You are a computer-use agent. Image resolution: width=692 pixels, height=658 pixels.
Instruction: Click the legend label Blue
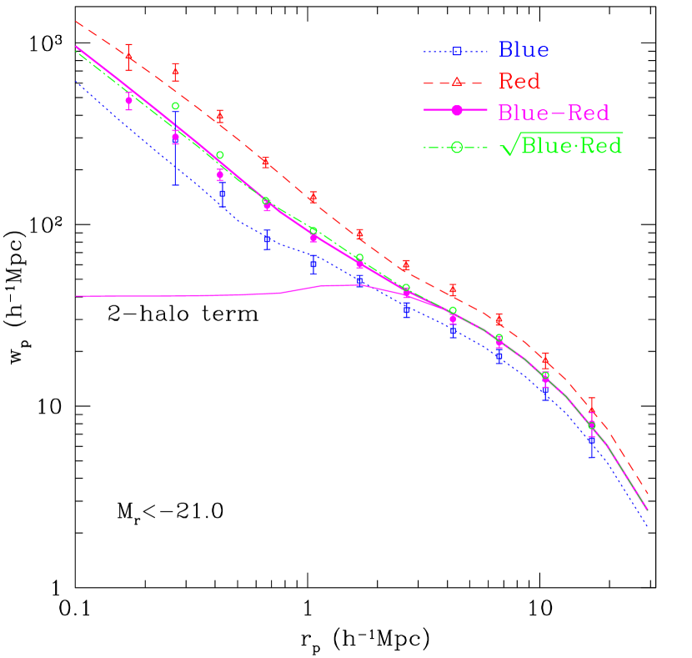coord(524,50)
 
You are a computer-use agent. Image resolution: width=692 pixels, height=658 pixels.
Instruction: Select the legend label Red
coord(519,82)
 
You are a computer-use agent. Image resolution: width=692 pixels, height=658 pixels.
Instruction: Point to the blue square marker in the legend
coord(457,52)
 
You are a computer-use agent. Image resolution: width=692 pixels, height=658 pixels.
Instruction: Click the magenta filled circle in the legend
coord(457,112)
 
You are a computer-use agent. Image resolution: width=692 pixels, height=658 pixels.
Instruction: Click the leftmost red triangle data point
coord(128,57)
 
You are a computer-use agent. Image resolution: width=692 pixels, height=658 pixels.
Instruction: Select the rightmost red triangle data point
coord(592,409)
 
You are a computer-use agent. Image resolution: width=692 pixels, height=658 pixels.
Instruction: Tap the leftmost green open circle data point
coord(175,106)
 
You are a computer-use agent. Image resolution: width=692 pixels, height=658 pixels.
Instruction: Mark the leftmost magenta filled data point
coord(128,100)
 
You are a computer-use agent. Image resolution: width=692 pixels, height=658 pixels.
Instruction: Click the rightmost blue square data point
coord(592,440)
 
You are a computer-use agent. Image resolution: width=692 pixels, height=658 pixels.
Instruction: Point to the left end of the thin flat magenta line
coord(76,296)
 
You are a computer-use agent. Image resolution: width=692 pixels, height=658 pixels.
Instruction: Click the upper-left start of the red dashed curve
coord(76,22)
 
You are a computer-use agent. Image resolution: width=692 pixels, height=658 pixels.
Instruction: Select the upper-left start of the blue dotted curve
coord(76,82)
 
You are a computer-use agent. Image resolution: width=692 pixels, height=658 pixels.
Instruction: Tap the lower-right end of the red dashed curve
coord(648,495)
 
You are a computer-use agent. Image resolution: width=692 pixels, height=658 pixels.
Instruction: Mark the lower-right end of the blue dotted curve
coord(648,527)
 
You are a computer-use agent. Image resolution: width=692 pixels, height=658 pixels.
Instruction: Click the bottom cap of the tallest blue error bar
coord(175,184)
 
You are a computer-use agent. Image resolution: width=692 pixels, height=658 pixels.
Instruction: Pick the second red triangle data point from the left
coord(175,73)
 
